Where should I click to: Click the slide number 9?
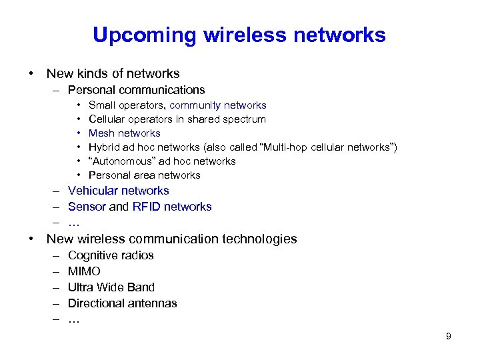(449, 336)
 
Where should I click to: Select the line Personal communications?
(136, 90)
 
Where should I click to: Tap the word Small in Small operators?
(101, 105)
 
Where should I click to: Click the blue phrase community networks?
(218, 105)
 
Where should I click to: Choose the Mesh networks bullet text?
(125, 133)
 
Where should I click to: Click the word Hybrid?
(103, 147)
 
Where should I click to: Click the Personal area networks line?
(144, 175)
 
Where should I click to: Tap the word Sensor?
(87, 207)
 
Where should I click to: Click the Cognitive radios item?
(111, 255)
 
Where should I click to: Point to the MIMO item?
(84, 271)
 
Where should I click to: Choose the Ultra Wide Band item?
(111, 287)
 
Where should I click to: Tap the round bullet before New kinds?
(31, 74)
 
